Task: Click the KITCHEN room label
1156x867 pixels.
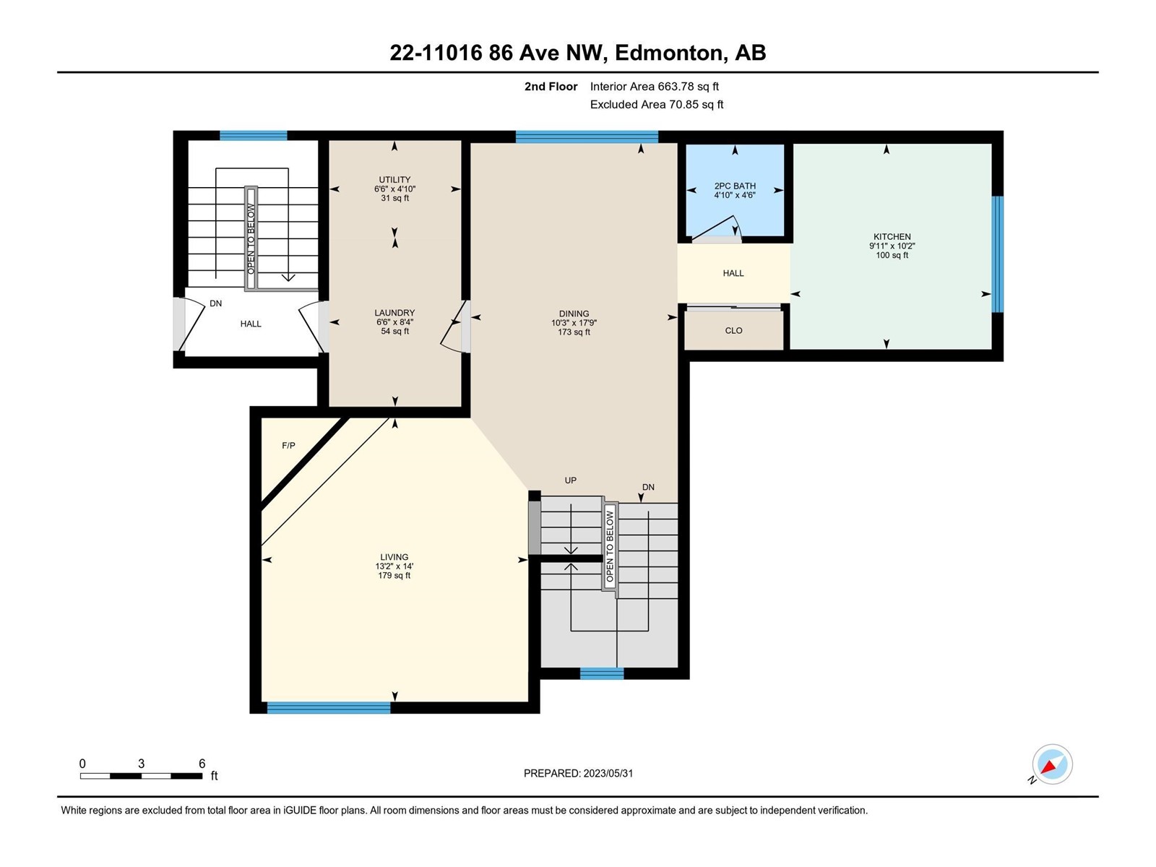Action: (x=892, y=237)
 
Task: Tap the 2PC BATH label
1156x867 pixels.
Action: (x=735, y=186)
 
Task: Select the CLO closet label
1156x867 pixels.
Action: (x=733, y=331)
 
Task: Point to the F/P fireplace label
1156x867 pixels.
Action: (x=288, y=446)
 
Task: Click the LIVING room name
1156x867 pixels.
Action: (x=394, y=557)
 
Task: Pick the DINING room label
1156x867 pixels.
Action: (x=574, y=314)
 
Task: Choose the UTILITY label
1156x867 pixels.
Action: (x=394, y=179)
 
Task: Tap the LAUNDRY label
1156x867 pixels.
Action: (x=394, y=313)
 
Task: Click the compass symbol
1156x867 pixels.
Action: (x=1052, y=764)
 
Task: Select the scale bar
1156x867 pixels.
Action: (x=141, y=775)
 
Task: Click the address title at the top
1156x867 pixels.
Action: (x=578, y=53)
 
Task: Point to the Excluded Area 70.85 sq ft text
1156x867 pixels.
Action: (x=657, y=105)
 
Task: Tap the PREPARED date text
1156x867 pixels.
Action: (x=578, y=773)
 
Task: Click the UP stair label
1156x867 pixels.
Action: (x=570, y=480)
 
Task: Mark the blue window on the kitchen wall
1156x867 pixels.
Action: (x=998, y=254)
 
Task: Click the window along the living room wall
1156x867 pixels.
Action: (x=329, y=707)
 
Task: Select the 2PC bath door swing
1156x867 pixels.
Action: (x=716, y=228)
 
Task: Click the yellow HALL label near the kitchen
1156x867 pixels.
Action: (x=733, y=273)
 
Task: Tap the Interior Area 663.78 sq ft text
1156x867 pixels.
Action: (x=654, y=87)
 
